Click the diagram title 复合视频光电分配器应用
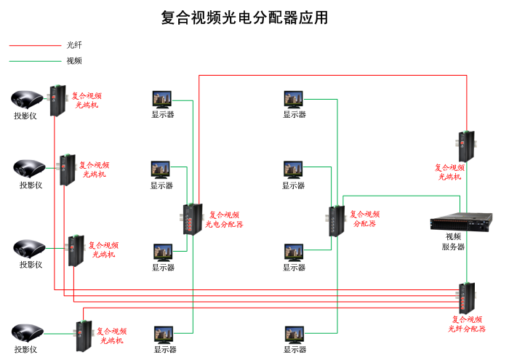pos(244,17)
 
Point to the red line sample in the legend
pos(34,45)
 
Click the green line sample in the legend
pos(34,61)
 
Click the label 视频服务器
pos(454,241)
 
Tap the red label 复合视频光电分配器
pos(224,220)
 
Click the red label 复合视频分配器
pos(364,219)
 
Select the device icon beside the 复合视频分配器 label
pos(337,221)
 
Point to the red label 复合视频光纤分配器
pos(467,324)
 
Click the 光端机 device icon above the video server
pos(466,146)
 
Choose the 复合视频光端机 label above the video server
pos(449,172)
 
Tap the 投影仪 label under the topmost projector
pos(25,116)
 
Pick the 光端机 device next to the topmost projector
pos(56,100)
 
